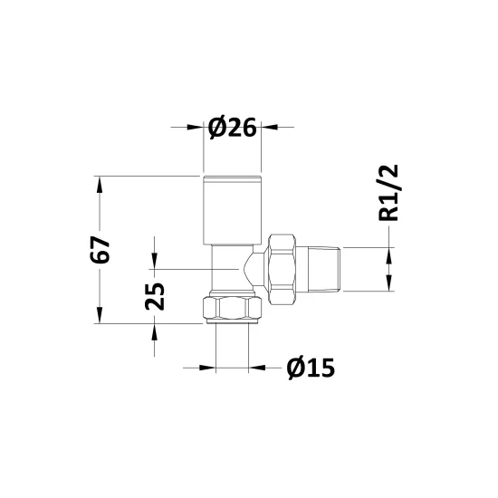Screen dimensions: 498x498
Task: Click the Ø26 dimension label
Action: tap(232, 128)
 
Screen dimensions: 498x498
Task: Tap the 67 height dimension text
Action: tap(100, 250)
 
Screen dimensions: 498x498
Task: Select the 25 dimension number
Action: tap(155, 296)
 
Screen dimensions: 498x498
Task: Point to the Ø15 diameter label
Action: tap(311, 369)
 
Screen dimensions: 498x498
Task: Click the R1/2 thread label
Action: tap(388, 193)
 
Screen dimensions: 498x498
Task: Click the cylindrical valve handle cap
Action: tap(232, 210)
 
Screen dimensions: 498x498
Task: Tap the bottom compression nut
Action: tap(232, 308)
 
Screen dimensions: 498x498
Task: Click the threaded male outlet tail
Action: tap(324, 269)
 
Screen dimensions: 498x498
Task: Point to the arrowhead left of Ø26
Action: tap(196, 128)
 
